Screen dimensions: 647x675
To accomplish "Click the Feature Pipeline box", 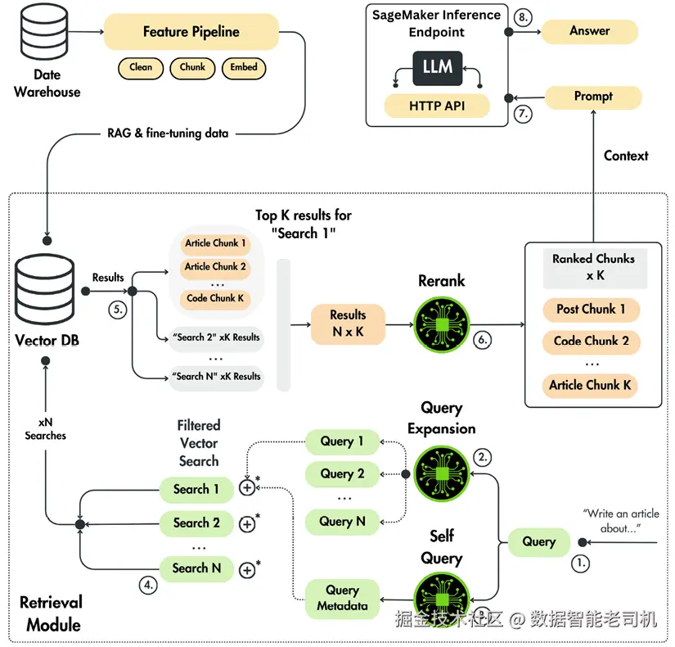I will tap(191, 33).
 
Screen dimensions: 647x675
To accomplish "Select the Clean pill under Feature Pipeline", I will tap(141, 68).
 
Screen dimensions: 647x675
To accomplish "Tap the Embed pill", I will tap(244, 68).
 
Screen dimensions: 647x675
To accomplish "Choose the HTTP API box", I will tap(438, 106).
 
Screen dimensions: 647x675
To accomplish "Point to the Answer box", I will tap(590, 31).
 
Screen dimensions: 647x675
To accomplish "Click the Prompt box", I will tap(593, 97).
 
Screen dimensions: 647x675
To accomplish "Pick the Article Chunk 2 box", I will tap(215, 267).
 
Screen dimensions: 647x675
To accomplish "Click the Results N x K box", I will tap(349, 324).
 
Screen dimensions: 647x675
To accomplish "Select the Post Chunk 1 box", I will tap(590, 310).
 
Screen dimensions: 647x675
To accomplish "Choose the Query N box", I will tap(342, 521).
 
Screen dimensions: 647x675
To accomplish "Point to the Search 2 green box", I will tap(196, 523).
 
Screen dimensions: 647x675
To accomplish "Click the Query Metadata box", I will tap(342, 598).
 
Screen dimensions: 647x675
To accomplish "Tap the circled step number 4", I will tap(147, 585).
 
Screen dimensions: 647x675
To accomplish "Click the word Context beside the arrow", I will tap(626, 156).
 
